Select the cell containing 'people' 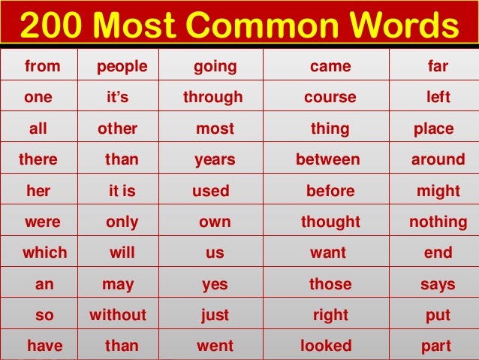pyautogui.click(x=122, y=67)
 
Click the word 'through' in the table pyautogui.click(x=213, y=98)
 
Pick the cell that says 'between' pyautogui.click(x=328, y=159)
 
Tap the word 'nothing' pyautogui.click(x=438, y=222)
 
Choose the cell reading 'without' pyautogui.click(x=118, y=315)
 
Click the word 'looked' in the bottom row pyautogui.click(x=326, y=346)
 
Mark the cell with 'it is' pyautogui.click(x=122, y=191)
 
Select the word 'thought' pyautogui.click(x=330, y=222)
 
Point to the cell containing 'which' pyautogui.click(x=44, y=253)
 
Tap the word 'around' pyautogui.click(x=438, y=159)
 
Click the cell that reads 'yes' pyautogui.click(x=215, y=284)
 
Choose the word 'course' pyautogui.click(x=330, y=98)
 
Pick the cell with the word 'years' pyautogui.click(x=215, y=159)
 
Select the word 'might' pyautogui.click(x=438, y=191)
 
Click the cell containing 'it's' pyautogui.click(x=122, y=98)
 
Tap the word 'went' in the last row pyautogui.click(x=215, y=346)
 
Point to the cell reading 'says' pyautogui.click(x=438, y=284)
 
